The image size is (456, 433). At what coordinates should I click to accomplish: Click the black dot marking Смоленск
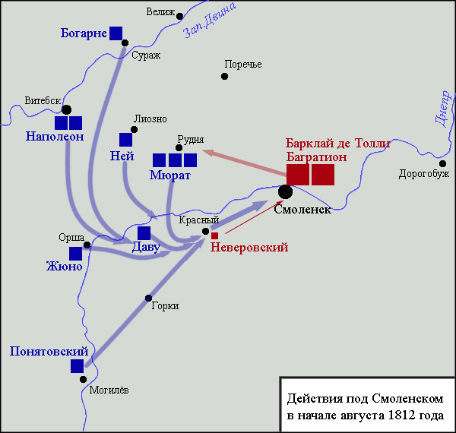click(285, 191)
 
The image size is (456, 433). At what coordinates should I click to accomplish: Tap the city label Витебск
click(43, 100)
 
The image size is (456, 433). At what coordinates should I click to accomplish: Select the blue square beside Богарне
click(116, 33)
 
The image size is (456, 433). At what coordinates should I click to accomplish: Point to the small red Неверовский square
click(214, 235)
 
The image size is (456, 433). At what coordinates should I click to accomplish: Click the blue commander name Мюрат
click(170, 175)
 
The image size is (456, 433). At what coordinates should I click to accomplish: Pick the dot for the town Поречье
click(224, 77)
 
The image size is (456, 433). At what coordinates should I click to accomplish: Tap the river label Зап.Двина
click(210, 21)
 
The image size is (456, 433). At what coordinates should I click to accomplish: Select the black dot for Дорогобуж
click(442, 163)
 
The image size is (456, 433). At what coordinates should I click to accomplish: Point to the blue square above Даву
click(144, 233)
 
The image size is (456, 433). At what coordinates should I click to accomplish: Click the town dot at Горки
click(149, 298)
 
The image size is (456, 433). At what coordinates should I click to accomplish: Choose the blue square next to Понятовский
click(77, 366)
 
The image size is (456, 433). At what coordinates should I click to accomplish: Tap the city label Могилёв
click(109, 390)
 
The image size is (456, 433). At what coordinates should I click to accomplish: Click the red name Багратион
click(316, 157)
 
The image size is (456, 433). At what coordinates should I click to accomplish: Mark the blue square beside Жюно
click(75, 254)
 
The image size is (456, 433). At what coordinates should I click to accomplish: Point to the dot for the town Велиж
click(180, 16)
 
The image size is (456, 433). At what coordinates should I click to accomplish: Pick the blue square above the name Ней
click(125, 140)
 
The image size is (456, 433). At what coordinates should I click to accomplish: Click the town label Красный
click(199, 220)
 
